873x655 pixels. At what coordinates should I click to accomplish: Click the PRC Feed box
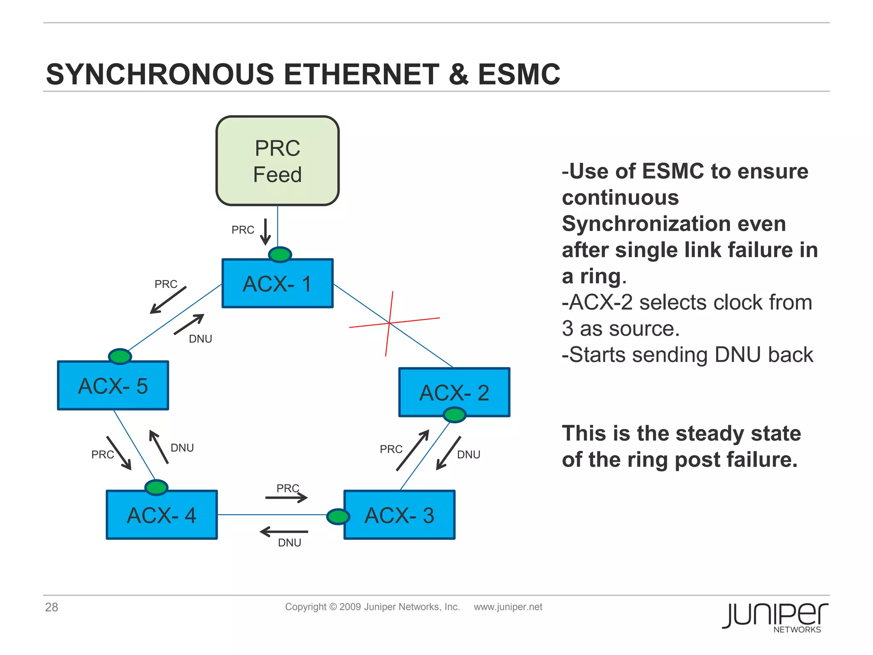[278, 161]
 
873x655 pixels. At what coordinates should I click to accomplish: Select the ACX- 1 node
[278, 283]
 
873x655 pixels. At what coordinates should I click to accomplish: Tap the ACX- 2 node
[454, 392]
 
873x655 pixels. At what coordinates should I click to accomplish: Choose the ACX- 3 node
[399, 515]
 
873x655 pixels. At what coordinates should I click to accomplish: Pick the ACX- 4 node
[162, 515]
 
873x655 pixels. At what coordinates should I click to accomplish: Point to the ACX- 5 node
[113, 385]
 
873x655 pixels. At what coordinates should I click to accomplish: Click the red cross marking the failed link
[390, 323]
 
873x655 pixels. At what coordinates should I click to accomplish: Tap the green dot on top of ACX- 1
[280, 255]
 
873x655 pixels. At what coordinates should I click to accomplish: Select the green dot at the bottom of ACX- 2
[454, 414]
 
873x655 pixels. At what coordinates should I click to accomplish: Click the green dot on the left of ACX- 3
[338, 516]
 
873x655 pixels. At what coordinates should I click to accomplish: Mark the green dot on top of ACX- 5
[120, 356]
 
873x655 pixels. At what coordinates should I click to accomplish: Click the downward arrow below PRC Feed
[266, 232]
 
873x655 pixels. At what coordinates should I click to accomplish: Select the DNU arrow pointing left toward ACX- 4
[284, 532]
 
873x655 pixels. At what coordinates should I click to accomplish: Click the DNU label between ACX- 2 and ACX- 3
[468, 455]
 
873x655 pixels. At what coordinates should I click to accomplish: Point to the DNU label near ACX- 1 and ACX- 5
[200, 339]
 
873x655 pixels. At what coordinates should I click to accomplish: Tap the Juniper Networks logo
[775, 617]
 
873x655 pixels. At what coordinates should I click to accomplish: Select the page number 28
[52, 607]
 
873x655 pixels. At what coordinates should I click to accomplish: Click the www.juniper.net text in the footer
[508, 607]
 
